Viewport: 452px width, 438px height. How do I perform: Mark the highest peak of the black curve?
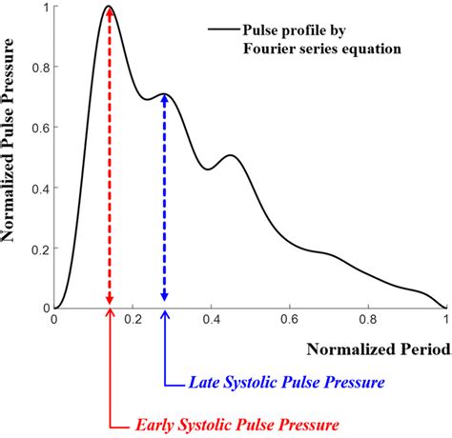(x=109, y=6)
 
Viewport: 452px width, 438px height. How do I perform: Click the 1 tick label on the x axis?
(x=445, y=321)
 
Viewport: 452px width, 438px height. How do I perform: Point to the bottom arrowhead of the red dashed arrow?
(x=110, y=303)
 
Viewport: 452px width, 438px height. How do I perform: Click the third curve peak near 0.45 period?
(x=231, y=155)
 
